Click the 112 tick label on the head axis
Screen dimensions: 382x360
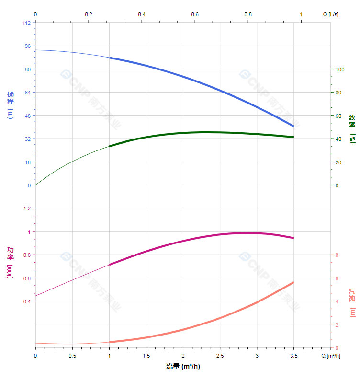tap(26, 23)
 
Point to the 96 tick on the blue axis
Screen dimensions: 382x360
tap(27, 46)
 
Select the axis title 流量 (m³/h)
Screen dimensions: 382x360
tap(183, 367)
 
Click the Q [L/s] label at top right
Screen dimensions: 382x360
tap(330, 14)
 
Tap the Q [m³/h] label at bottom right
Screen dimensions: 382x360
tap(330, 356)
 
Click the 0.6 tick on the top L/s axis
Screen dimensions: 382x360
tap(195, 14)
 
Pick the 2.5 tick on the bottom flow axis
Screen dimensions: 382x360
tap(220, 356)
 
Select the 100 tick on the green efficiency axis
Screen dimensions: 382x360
tap(340, 69)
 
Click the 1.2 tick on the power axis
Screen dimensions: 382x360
tap(26, 208)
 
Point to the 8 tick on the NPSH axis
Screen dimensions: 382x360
tap(337, 255)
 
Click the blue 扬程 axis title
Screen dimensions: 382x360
tap(11, 104)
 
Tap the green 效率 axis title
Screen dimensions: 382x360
tap(352, 128)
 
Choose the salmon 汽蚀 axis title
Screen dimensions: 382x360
tap(352, 302)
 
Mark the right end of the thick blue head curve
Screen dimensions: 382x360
tap(293, 127)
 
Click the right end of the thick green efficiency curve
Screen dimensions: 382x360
tap(293, 137)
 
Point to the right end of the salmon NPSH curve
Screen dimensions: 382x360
tap(293, 282)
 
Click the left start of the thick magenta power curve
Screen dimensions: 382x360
tap(110, 265)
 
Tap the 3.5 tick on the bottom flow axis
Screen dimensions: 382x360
tap(293, 356)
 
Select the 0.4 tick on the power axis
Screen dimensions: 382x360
tap(26, 301)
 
